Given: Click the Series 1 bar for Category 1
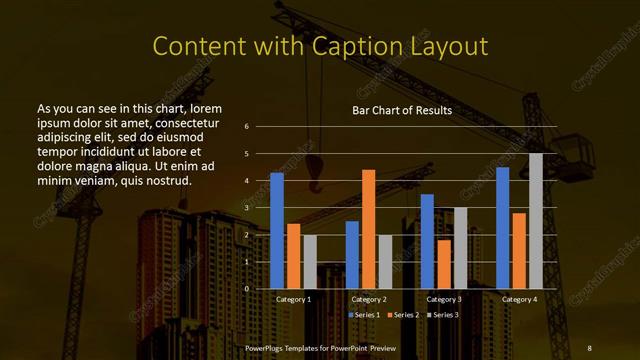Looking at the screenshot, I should (x=277, y=231).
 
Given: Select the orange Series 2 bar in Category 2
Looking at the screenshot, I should (x=368, y=229).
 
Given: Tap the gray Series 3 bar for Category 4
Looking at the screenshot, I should (x=535, y=221).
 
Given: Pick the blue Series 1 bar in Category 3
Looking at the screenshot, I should (x=427, y=241).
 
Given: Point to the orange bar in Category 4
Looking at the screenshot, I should (x=519, y=250).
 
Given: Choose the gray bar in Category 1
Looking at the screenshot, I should (x=310, y=262).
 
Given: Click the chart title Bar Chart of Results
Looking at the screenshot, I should (x=402, y=110).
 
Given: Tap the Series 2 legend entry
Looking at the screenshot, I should (x=402, y=315).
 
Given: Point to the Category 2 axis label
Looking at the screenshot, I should (x=368, y=299).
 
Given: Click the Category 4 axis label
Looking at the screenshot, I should (x=519, y=299).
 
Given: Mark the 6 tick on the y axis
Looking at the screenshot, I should (x=246, y=127).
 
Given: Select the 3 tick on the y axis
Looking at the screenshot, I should (x=246, y=208).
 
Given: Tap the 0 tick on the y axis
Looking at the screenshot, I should (x=246, y=289).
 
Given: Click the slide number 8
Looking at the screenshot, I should (x=589, y=347).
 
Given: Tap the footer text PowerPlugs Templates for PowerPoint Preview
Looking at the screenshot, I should (x=320, y=347).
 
